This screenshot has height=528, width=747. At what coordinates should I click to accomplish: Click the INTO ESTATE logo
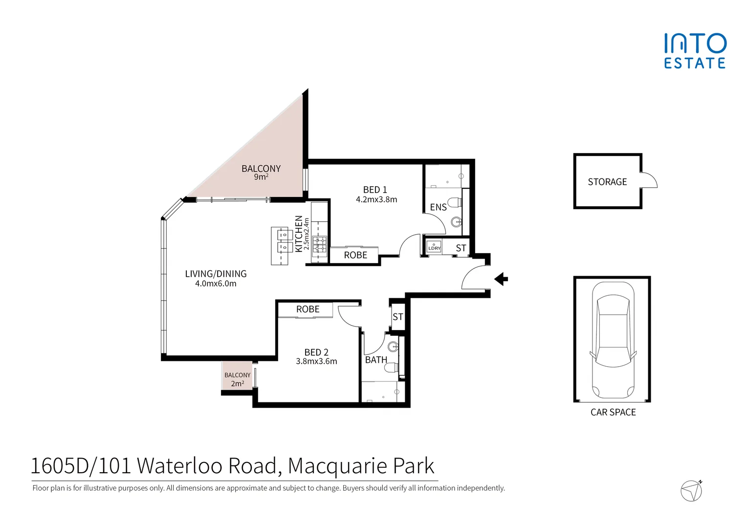click(x=695, y=51)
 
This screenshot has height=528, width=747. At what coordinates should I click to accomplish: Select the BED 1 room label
click(x=375, y=190)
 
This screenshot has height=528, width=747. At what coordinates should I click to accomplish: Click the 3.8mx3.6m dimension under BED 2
click(x=316, y=361)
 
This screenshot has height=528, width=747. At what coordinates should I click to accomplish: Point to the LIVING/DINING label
click(x=216, y=274)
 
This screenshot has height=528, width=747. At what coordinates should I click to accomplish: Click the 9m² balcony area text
click(x=261, y=177)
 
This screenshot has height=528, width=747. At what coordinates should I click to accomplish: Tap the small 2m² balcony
click(x=237, y=376)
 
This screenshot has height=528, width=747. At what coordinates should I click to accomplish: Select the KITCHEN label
click(x=299, y=234)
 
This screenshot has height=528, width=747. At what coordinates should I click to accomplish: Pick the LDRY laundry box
click(x=434, y=246)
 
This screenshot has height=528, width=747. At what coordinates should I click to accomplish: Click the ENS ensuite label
click(x=438, y=207)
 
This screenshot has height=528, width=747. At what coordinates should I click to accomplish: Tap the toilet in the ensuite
click(x=455, y=202)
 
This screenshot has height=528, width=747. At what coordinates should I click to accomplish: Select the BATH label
click(x=376, y=360)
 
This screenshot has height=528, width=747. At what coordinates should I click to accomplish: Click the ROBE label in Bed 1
click(x=355, y=255)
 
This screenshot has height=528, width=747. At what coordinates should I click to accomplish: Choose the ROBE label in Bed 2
click(x=308, y=309)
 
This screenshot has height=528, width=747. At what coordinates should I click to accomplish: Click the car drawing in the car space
click(x=613, y=340)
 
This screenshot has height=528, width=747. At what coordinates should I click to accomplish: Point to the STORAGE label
click(x=607, y=182)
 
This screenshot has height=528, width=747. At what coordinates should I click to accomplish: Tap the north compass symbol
click(x=691, y=490)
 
